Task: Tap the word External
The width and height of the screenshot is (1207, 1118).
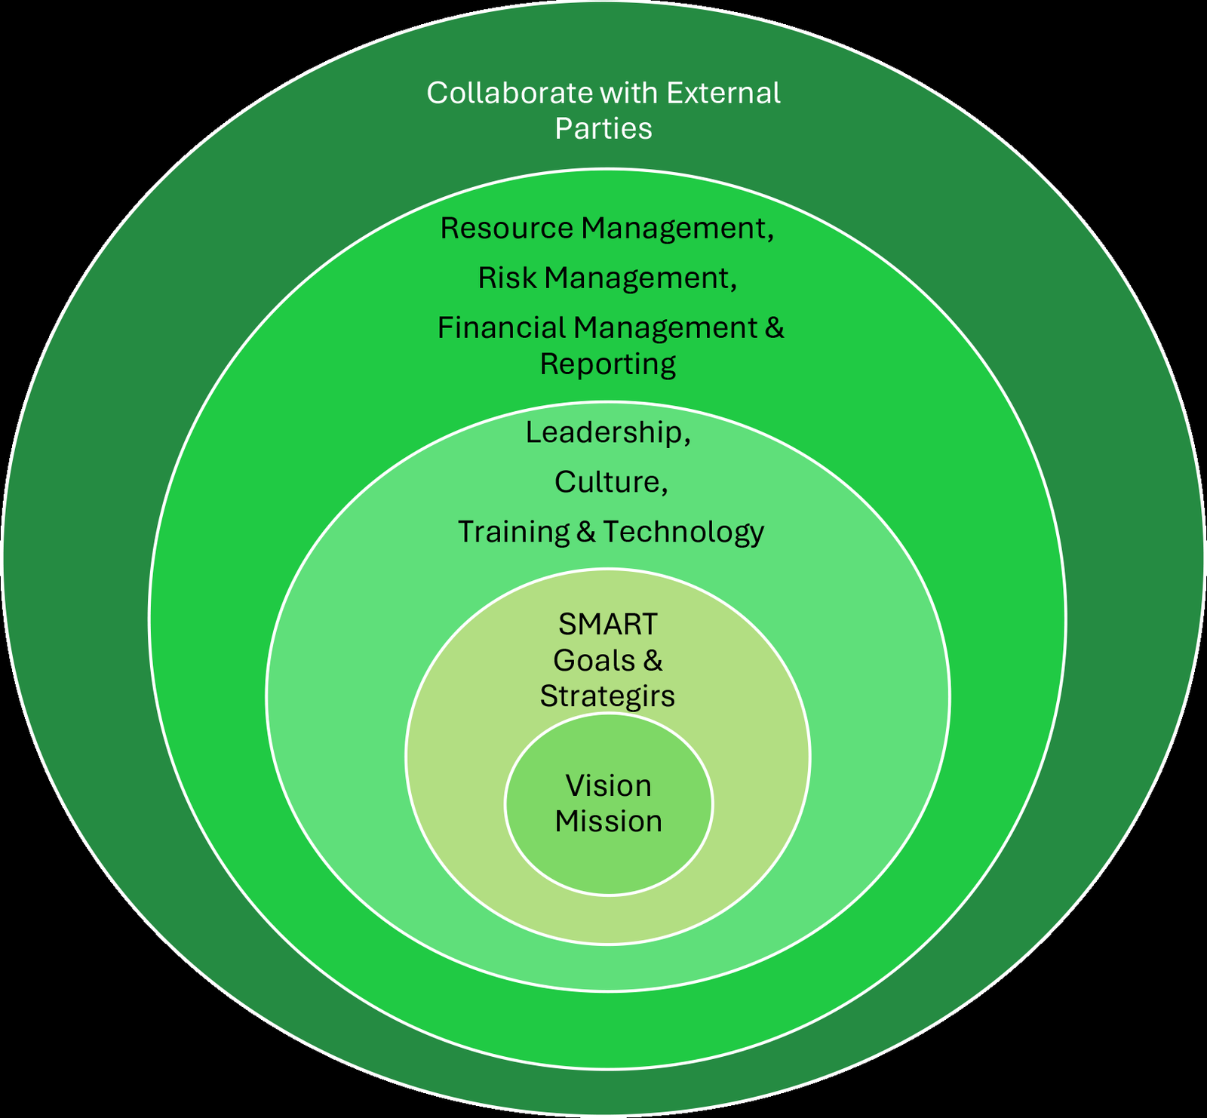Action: pyautogui.click(x=723, y=94)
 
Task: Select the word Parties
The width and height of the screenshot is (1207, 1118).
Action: pyautogui.click(x=603, y=129)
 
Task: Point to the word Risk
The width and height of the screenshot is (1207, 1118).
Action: pyautogui.click(x=506, y=278)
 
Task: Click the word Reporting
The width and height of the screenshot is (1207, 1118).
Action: pyautogui.click(x=607, y=364)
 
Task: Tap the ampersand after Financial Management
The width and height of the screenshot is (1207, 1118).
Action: pyautogui.click(x=774, y=327)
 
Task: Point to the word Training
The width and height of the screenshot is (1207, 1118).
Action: pyautogui.click(x=513, y=532)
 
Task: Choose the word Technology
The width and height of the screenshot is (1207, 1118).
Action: pyautogui.click(x=683, y=532)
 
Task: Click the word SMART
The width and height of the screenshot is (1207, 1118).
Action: pyautogui.click(x=607, y=624)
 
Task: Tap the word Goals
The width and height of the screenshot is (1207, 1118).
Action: pyautogui.click(x=594, y=660)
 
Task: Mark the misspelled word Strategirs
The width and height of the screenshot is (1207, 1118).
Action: pyautogui.click(x=607, y=696)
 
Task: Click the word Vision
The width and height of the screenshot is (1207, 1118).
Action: pyautogui.click(x=608, y=786)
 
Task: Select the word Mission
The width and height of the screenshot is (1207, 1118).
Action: pyautogui.click(x=608, y=822)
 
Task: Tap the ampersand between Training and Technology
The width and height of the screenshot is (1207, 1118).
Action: pyautogui.click(x=586, y=532)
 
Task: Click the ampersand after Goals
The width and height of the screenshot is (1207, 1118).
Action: pyautogui.click(x=653, y=660)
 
